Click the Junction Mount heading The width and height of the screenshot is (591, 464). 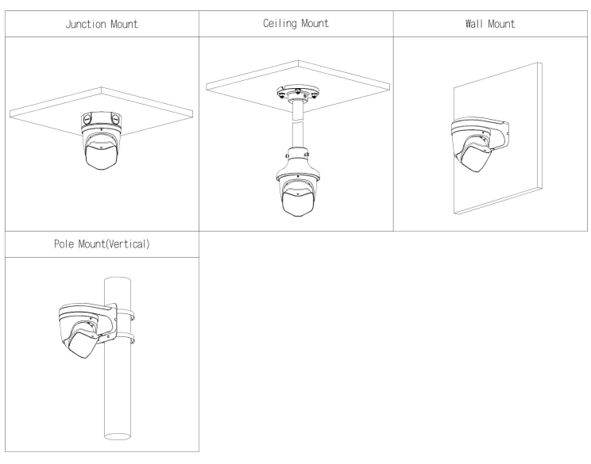tap(102, 25)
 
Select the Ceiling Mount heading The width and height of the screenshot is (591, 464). tap(295, 24)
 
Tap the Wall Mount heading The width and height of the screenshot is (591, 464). tap(490, 24)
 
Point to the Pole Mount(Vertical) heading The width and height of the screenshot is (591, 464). tap(102, 244)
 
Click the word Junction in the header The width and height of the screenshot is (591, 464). tap(86, 25)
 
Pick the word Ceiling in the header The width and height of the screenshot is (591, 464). tap(280, 24)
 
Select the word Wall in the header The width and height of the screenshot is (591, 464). tap(473, 24)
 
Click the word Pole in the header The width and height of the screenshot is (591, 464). tap(64, 244)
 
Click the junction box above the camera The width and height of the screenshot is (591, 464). tap(102, 120)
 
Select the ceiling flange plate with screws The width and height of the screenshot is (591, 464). tap(298, 92)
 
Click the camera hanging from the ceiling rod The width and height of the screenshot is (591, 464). tap(298, 188)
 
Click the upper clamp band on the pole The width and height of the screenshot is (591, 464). tap(126, 313)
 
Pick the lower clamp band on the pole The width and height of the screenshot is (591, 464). tap(126, 338)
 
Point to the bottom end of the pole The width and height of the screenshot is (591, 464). tap(118, 436)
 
